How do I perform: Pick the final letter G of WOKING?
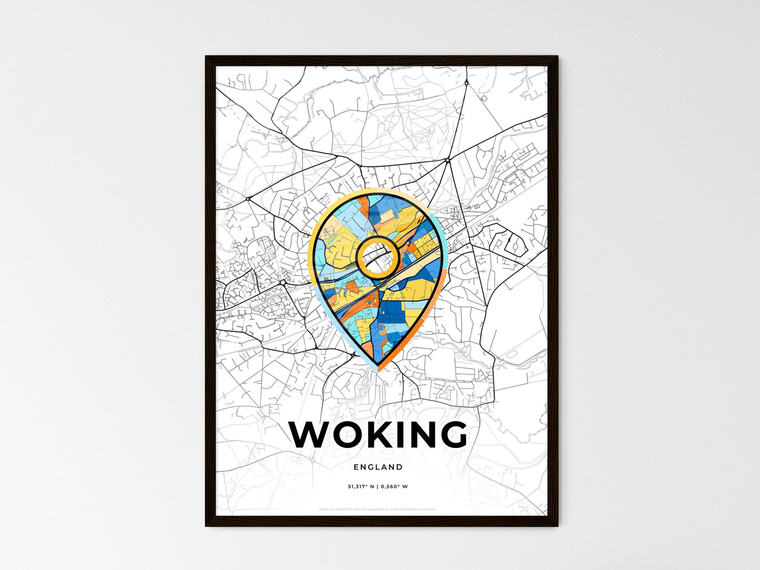(452, 434)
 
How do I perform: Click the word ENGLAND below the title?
(378, 467)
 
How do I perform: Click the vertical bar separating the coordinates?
(377, 486)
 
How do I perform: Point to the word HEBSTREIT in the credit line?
(343, 509)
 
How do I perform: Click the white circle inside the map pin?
(377, 257)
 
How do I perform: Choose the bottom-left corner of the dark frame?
(206, 525)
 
